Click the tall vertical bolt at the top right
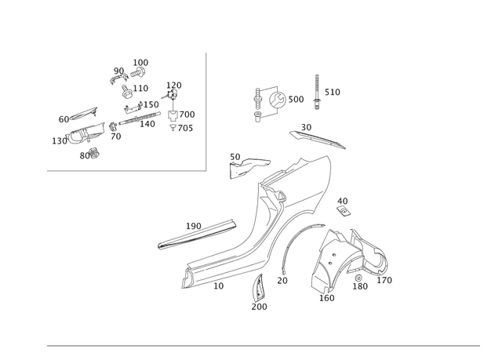click(318, 93)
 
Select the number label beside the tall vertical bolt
click(333, 93)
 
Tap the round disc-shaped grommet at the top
click(275, 100)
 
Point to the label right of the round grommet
click(298, 100)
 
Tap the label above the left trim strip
click(194, 224)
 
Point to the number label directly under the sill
click(220, 288)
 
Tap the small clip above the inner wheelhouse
click(343, 206)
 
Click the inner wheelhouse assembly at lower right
click(345, 259)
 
